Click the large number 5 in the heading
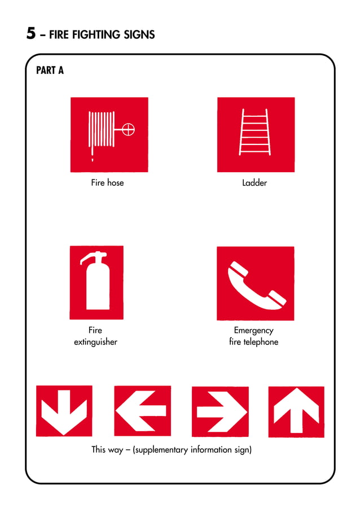(x=31, y=33)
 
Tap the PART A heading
(x=50, y=71)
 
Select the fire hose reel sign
(x=109, y=134)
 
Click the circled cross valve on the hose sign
(x=129, y=130)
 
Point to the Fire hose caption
(x=107, y=183)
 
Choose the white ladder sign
(x=256, y=134)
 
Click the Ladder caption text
(x=254, y=183)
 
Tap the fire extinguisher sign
(x=96, y=282)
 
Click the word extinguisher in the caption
(x=96, y=342)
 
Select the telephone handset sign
(x=255, y=283)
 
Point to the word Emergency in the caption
(x=253, y=330)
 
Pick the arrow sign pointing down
(x=64, y=410)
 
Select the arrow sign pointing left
(x=142, y=410)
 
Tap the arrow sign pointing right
(x=220, y=411)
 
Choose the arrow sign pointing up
(x=296, y=411)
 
